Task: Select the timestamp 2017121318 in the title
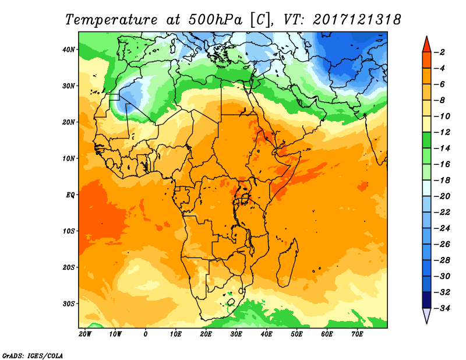(x=356, y=19)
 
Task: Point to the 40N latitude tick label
(x=69, y=50)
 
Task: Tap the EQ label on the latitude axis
(x=71, y=195)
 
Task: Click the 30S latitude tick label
(x=69, y=303)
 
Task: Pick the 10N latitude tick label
(x=69, y=158)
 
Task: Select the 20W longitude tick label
(x=85, y=334)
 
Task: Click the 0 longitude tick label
(x=145, y=334)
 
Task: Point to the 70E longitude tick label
(x=357, y=334)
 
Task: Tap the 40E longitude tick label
(x=266, y=334)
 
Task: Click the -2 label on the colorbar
(x=441, y=52)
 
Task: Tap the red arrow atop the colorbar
(x=426, y=44)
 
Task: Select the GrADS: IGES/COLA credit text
(x=32, y=354)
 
